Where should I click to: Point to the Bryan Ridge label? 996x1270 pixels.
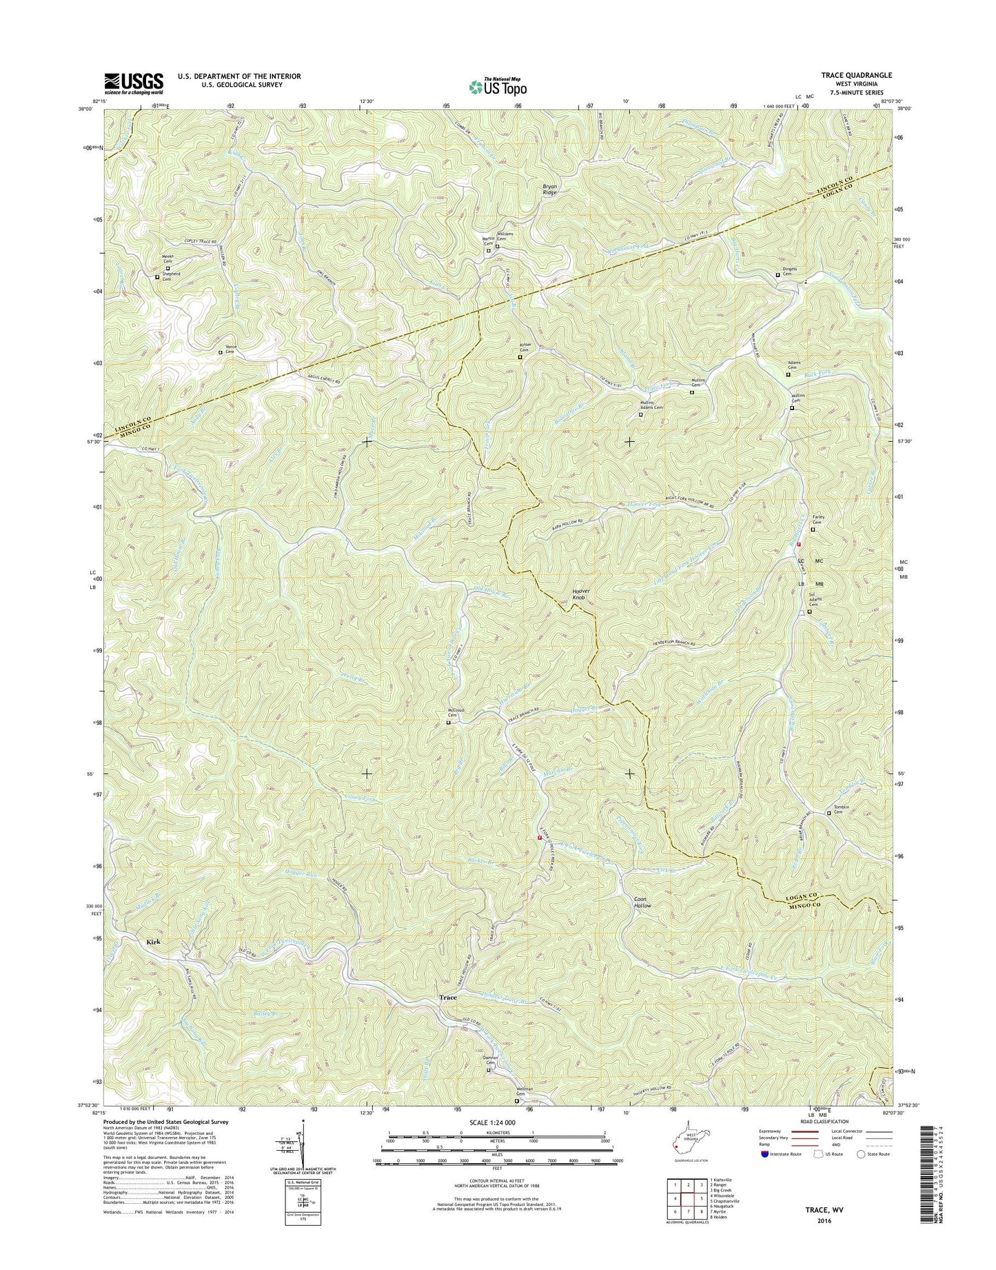549,190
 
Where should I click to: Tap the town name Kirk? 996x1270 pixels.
155,941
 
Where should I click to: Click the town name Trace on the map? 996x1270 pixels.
448,997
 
